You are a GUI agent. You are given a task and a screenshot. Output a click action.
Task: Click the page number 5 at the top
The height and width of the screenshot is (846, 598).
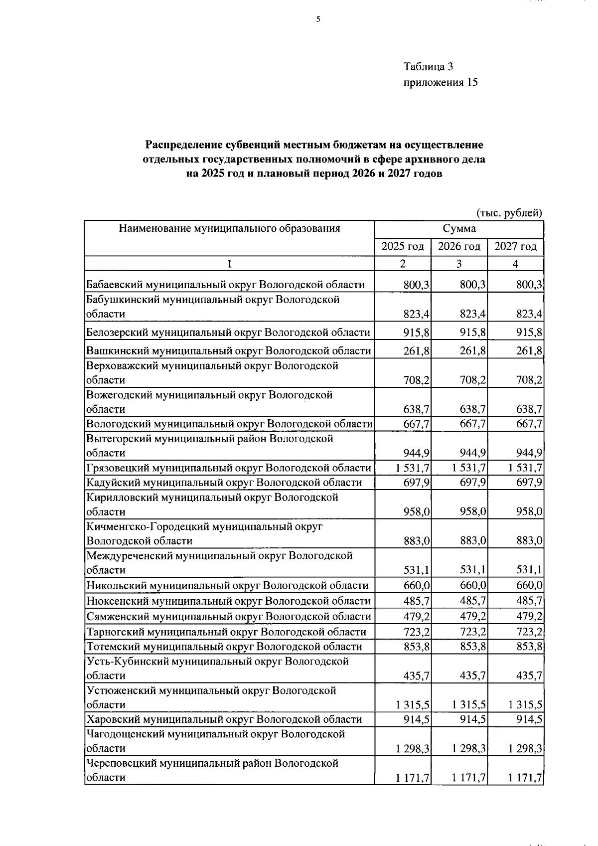point(318,19)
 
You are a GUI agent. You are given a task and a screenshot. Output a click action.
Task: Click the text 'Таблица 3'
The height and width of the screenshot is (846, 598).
point(428,66)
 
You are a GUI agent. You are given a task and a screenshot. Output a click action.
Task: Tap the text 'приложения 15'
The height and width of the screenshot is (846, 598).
point(440,82)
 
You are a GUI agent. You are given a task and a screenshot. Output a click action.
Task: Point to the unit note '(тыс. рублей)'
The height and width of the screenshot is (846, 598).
point(509,213)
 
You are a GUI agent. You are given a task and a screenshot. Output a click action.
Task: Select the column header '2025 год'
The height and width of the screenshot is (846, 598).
point(403,246)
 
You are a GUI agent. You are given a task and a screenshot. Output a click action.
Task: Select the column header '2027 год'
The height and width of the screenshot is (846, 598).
point(515,246)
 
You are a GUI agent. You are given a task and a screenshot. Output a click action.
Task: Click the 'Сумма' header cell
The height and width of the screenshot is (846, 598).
point(459,229)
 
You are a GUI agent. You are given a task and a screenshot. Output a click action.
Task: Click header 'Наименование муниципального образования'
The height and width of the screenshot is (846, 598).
point(229,229)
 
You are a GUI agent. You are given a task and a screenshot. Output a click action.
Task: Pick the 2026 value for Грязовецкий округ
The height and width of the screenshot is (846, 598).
point(469,468)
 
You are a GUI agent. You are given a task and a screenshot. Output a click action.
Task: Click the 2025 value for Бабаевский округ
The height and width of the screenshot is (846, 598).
point(417,285)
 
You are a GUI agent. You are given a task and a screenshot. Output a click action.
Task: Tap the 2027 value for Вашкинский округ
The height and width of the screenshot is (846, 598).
point(529,350)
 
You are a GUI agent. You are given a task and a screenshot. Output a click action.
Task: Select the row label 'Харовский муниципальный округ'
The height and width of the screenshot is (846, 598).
point(224,719)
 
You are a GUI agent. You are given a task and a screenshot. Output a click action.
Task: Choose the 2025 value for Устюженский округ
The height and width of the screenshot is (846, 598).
point(413,704)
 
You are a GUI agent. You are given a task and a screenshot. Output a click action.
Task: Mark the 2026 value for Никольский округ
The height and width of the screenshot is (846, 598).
point(473,585)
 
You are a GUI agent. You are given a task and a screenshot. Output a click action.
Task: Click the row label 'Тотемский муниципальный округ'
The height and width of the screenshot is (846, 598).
point(224,647)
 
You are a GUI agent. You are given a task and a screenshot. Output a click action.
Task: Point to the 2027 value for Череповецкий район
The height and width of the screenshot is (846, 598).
point(526,777)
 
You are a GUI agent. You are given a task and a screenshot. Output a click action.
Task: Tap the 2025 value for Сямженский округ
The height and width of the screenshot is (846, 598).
point(417,616)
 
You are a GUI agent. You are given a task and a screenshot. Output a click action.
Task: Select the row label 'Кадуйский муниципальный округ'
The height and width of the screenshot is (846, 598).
point(224,482)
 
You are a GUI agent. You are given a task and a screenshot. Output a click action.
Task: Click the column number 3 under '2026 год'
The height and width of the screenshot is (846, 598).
point(459,264)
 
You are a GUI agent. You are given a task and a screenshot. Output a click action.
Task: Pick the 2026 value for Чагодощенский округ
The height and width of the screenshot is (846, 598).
point(469,748)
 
